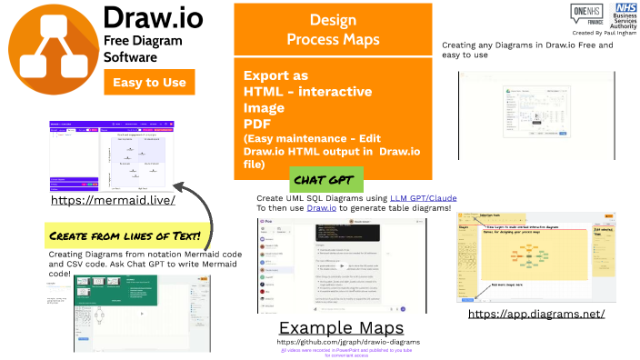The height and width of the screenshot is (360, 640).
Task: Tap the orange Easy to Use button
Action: [150, 83]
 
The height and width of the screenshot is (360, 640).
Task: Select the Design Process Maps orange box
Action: [333, 30]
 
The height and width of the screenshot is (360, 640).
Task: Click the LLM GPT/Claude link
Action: [423, 197]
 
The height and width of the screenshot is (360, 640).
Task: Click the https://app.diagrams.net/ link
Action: [536, 314]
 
